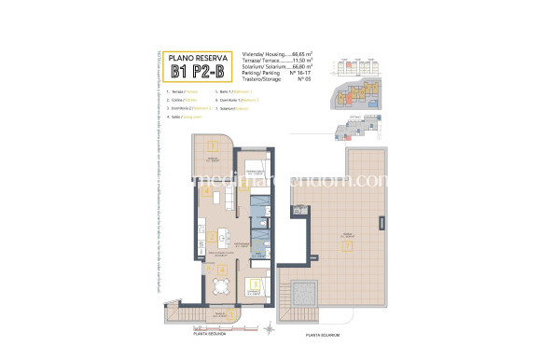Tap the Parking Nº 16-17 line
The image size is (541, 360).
[x=277, y=74]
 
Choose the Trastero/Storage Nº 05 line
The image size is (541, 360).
[x=277, y=80]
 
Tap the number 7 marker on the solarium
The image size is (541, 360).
[x=346, y=247]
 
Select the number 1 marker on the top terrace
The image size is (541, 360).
[x=212, y=145]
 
